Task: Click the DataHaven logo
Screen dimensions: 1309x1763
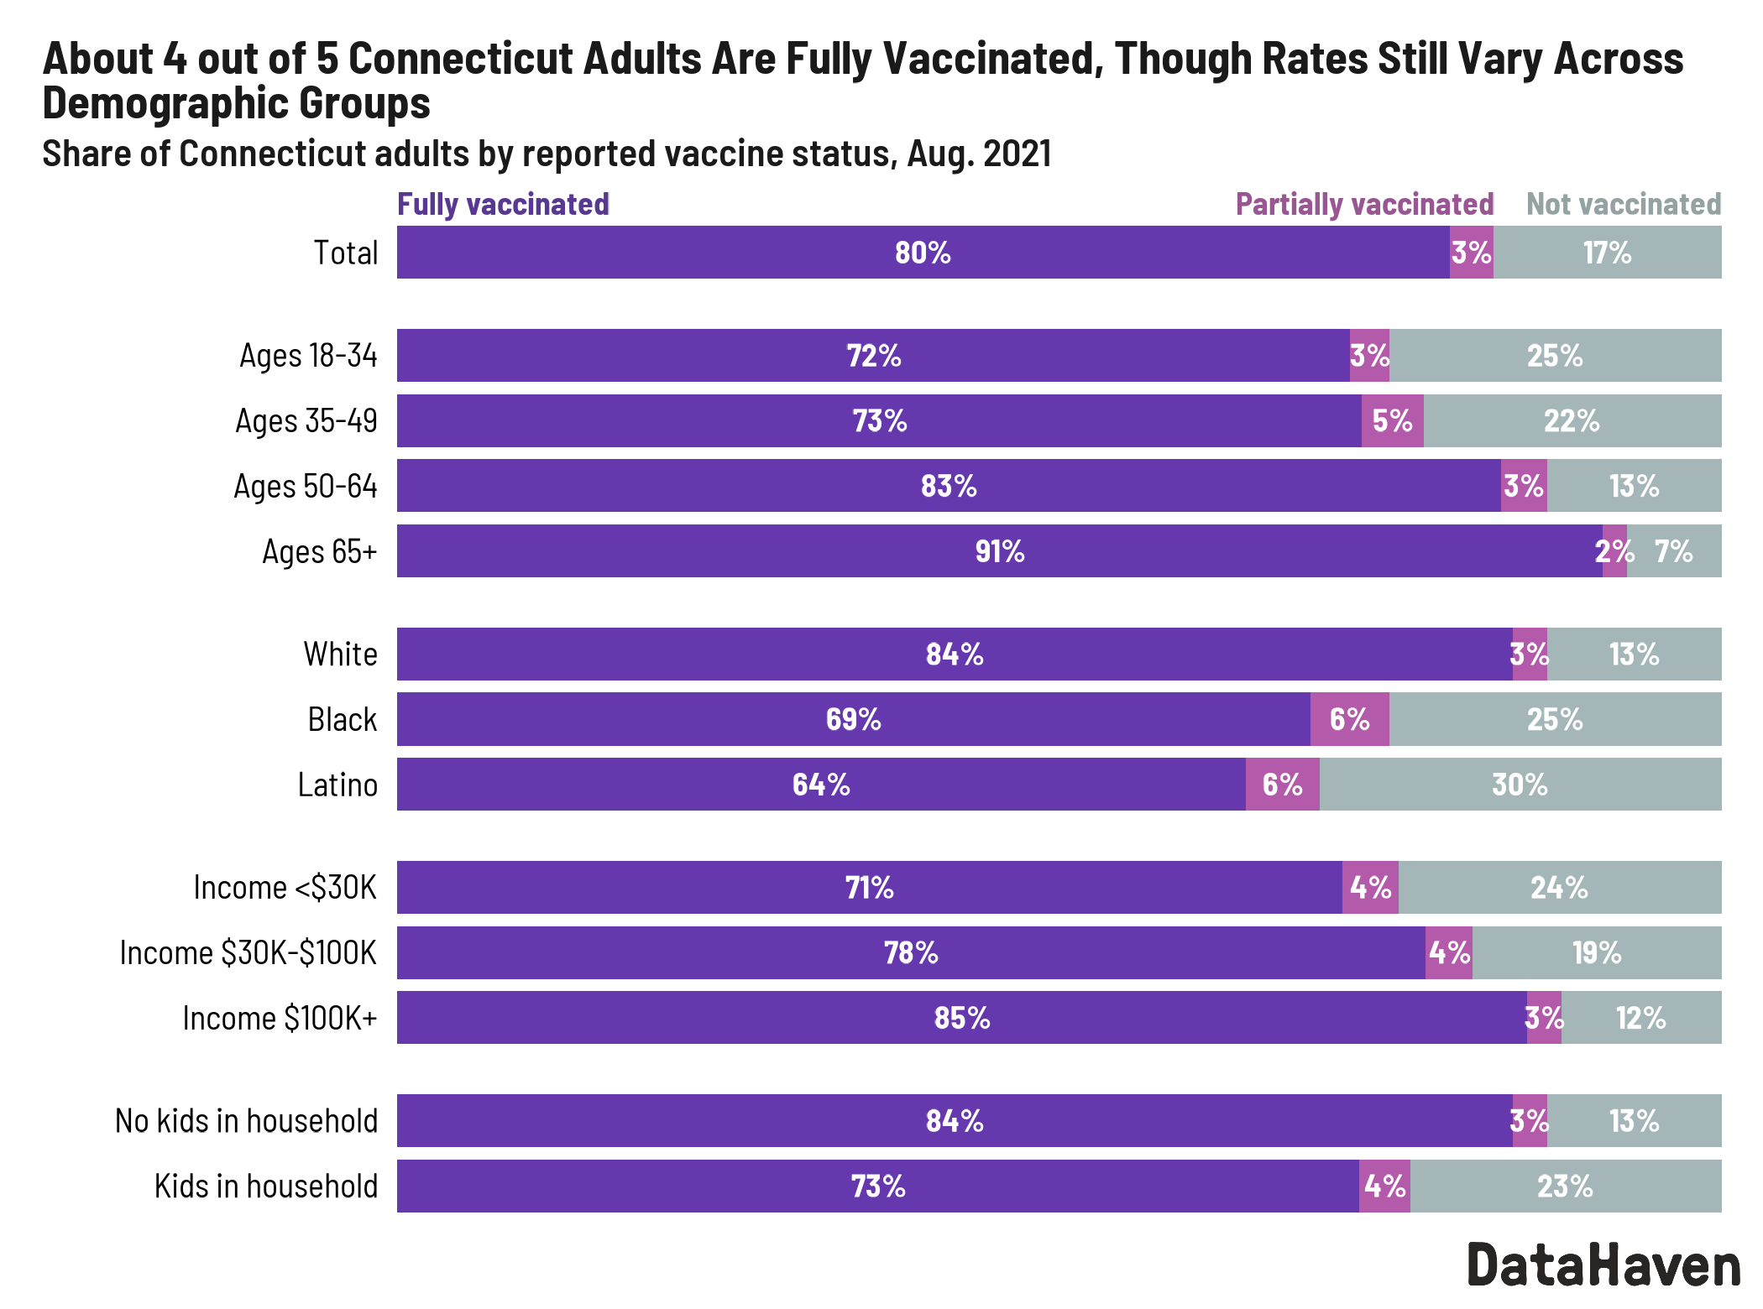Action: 1603,1265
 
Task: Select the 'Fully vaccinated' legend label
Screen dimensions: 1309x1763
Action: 503,204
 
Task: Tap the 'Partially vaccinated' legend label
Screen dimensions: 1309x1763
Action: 1364,204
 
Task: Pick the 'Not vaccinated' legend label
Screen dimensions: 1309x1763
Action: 1623,204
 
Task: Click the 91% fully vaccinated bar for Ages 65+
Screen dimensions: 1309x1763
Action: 999,551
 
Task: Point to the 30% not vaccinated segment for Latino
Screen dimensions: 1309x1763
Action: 1520,785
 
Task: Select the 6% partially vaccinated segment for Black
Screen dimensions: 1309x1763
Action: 1349,719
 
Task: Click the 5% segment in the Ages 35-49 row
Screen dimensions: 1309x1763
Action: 1392,420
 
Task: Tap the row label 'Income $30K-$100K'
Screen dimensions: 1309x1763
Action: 248,952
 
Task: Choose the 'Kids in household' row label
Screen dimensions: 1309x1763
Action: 265,1186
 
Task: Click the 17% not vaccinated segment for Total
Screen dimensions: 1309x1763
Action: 1607,253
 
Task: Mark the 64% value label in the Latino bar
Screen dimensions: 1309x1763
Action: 821,785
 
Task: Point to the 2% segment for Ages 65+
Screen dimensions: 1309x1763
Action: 1614,551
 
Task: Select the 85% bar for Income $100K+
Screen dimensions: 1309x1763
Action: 961,1018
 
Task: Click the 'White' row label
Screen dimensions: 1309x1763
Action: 340,654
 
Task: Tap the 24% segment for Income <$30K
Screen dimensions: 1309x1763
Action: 1559,887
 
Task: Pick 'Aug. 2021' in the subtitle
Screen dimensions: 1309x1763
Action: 979,154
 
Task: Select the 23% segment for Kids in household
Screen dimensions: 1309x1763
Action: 1565,1186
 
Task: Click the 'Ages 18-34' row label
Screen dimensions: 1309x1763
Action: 308,355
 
